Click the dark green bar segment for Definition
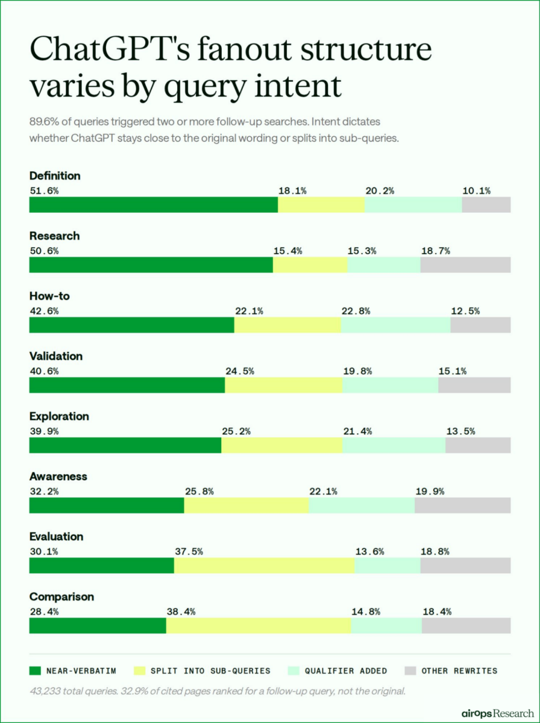click(x=153, y=205)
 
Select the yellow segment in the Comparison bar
click(x=258, y=625)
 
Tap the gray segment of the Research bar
click(x=465, y=265)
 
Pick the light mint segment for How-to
click(x=395, y=325)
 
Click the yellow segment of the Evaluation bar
click(x=264, y=565)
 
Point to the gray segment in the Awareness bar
click(x=462, y=505)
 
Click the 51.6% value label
click(x=44, y=191)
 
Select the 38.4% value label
click(x=181, y=612)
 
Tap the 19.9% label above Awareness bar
click(x=430, y=491)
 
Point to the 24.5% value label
click(x=240, y=371)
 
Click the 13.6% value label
click(x=369, y=551)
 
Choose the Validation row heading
click(x=56, y=356)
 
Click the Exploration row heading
click(x=59, y=416)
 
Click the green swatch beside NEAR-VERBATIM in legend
click(x=35, y=671)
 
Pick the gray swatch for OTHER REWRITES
click(x=410, y=671)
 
